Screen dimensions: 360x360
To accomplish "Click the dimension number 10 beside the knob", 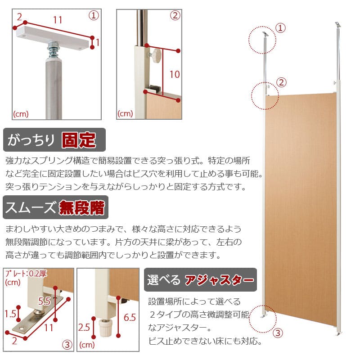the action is click(175, 74).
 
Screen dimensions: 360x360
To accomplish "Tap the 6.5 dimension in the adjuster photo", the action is click(130, 318).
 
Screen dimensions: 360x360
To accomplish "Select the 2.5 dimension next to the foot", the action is click(84, 328).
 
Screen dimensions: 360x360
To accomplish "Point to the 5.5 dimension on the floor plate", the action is click(44, 301).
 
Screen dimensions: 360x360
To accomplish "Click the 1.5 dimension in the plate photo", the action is click(10, 314).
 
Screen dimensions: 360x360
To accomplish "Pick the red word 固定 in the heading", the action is click(79, 140).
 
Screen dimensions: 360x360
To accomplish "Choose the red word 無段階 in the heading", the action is click(82, 207).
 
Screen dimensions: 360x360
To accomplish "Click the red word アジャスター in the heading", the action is click(220, 280).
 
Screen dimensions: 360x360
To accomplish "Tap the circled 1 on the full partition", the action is click(280, 28).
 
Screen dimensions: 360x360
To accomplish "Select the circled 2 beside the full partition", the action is click(282, 82).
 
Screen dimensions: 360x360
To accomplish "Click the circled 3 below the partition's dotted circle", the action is click(278, 333).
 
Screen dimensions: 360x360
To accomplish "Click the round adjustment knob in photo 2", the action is click(157, 55).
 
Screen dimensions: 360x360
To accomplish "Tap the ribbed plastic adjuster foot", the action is click(105, 328).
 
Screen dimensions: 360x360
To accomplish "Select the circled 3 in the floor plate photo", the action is click(67, 344).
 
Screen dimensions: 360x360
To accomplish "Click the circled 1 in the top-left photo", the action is click(94, 15).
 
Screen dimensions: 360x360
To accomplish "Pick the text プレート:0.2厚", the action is click(26, 274).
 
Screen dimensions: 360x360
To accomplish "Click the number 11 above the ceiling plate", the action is click(58, 20).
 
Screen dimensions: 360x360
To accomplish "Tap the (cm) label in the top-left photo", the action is click(21, 114).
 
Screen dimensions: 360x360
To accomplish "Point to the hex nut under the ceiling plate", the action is click(54, 44).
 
